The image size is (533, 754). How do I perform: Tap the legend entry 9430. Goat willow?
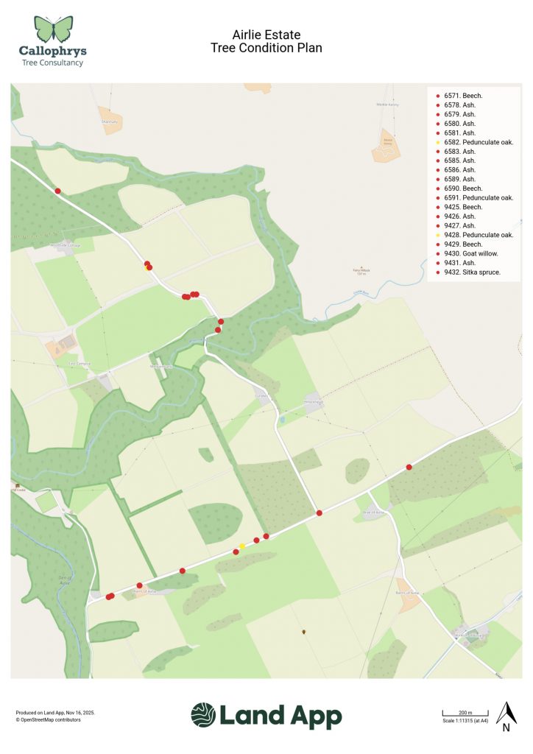[x=470, y=253]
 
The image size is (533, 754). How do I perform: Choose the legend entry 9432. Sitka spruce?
[x=472, y=272]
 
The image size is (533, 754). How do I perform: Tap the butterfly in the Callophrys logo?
[x=53, y=29]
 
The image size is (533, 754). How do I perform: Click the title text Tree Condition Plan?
[x=266, y=48]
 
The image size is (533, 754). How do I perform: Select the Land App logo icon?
[x=203, y=715]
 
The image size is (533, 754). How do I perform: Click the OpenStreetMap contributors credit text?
[x=49, y=719]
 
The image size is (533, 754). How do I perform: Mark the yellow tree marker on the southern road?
[x=242, y=546]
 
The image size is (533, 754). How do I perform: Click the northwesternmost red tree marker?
[x=58, y=191]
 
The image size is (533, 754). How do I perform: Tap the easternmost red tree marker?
[x=409, y=467]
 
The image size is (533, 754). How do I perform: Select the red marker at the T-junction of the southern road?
[x=319, y=512]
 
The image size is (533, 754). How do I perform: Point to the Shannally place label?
[x=110, y=121]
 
